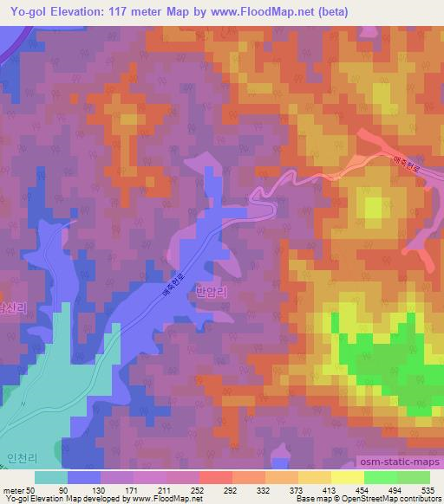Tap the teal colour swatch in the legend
51,477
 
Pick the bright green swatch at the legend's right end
413,477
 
